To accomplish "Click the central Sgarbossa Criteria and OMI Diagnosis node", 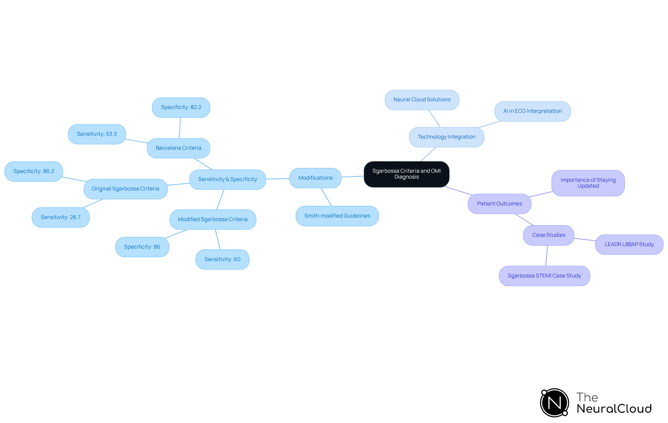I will [406, 174].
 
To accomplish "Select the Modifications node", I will [315, 178].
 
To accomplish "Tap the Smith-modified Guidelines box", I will [337, 216].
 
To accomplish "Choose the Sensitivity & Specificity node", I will [228, 179].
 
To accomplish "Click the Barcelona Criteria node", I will [178, 148].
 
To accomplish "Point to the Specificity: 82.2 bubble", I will [181, 107].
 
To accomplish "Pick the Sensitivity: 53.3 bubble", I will [97, 134].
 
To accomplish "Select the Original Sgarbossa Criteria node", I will [125, 189].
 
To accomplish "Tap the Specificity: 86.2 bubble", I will [34, 171].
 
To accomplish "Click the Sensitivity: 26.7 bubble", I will [61, 217].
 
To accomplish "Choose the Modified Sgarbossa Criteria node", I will [213, 219].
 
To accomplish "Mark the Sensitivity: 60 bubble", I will [222, 259].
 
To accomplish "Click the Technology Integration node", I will [446, 137].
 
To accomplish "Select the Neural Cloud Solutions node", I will [422, 100].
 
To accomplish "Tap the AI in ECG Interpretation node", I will [532, 111].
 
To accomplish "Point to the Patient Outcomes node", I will [499, 204].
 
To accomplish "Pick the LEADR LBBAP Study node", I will [629, 244].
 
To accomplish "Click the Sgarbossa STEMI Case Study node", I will [544, 276].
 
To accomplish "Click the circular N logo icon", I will [555, 403].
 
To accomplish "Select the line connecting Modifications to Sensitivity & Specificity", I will [278, 179].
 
